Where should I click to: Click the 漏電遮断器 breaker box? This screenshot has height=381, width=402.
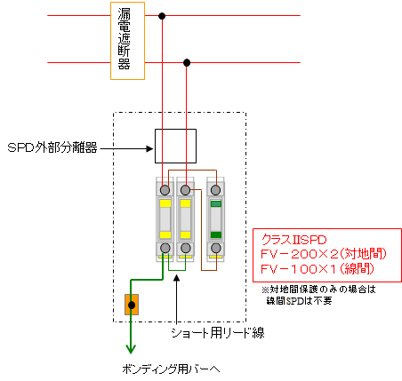(127, 41)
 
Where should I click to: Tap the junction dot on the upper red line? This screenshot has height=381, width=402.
(162, 16)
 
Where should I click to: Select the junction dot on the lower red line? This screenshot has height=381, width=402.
(187, 62)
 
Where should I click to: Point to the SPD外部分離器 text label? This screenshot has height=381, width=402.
(52, 147)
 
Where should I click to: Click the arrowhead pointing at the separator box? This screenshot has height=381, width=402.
(150, 148)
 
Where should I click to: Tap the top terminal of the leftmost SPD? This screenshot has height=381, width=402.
(165, 190)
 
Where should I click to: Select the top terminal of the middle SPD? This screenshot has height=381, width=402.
(185, 190)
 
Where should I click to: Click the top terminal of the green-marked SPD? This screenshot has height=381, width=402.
(215, 190)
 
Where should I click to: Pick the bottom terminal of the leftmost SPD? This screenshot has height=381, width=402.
(165, 248)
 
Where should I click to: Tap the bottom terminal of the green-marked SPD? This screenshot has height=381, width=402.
(216, 248)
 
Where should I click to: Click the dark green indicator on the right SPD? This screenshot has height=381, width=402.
(216, 234)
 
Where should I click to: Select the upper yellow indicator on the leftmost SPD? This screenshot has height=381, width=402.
(165, 203)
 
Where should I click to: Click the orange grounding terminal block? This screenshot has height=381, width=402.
(132, 305)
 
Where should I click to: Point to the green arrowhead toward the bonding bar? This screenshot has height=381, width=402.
(131, 349)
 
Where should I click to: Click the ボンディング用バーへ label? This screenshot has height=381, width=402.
(171, 369)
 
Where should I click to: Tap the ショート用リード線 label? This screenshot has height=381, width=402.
(218, 333)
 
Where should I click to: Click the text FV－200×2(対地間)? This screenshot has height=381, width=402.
(324, 254)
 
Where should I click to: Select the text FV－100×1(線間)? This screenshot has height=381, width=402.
(318, 269)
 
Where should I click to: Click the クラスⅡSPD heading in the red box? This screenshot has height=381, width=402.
(293, 240)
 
